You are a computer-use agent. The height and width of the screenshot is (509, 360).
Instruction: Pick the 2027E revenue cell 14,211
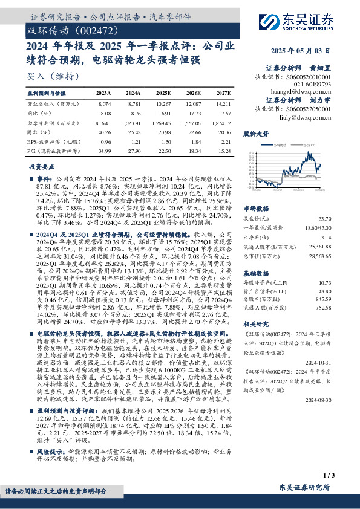coord(223,103)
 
